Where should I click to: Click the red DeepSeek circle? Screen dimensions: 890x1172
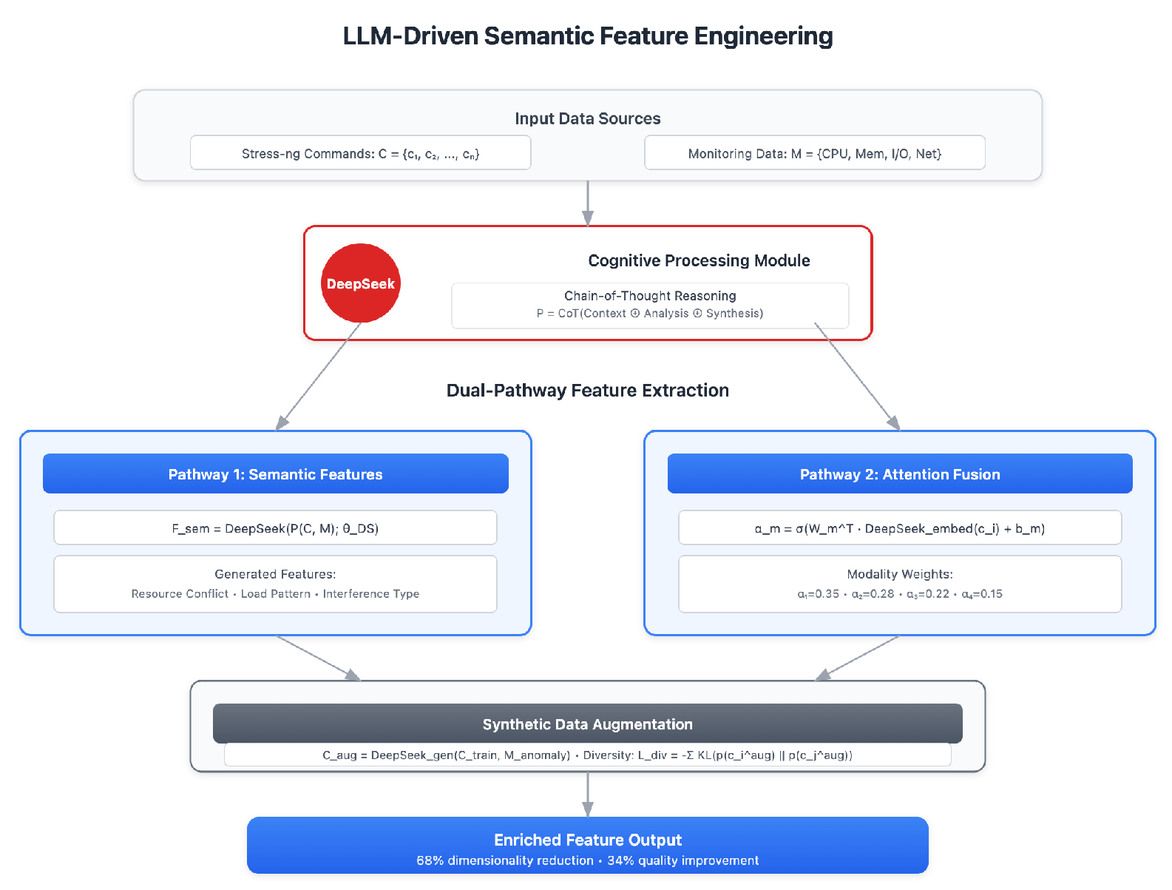[361, 283]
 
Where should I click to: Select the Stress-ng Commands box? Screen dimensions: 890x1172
[360, 153]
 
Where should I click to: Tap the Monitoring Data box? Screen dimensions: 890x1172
[814, 153]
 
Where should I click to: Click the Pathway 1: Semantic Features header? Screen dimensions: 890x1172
[275, 473]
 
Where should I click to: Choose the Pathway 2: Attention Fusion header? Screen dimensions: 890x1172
[899, 473]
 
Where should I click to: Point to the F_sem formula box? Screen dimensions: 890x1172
[275, 528]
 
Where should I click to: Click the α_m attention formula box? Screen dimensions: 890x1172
[899, 528]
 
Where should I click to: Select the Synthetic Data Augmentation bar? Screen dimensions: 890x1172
[587, 724]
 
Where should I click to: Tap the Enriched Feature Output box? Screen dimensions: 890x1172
[587, 846]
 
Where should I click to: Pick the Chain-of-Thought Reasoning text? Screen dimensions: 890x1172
[650, 296]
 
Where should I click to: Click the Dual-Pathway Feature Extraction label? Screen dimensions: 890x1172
[587, 391]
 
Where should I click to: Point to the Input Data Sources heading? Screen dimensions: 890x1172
[587, 118]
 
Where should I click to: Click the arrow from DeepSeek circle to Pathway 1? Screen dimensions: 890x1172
[318, 377]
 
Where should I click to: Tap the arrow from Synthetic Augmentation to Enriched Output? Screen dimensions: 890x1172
[587, 794]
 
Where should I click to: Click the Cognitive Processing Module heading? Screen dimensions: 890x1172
[699, 260]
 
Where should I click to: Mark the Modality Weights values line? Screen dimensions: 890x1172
[899, 594]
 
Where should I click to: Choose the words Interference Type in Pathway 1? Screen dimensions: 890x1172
[371, 594]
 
